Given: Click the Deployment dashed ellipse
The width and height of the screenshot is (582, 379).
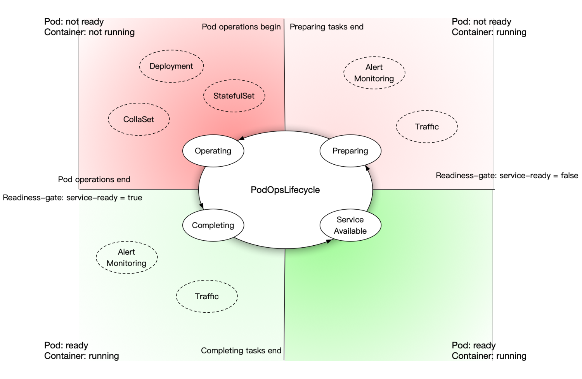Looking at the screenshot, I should pos(171,66).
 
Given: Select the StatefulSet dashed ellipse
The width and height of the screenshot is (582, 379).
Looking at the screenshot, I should pos(234,96).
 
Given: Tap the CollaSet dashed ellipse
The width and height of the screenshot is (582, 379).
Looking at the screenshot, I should pos(139,119).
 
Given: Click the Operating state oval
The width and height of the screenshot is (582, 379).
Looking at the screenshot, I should pos(213,151).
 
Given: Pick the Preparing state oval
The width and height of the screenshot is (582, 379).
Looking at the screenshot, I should pos(350,151).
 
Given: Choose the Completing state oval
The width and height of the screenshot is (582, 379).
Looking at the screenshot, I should pos(213,225).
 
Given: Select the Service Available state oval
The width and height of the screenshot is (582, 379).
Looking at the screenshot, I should pos(350,225).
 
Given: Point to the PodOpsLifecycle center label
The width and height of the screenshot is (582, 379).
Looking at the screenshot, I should pos(285,190).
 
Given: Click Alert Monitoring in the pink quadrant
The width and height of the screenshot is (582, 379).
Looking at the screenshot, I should pos(374,73).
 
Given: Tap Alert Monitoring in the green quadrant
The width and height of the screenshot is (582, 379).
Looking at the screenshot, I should pos(126,258).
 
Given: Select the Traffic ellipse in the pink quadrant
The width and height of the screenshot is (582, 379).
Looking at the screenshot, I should pos(427,127).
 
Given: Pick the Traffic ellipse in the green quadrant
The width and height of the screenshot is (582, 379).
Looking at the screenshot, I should pos(207,296).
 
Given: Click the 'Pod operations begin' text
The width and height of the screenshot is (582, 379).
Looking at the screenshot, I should pos(241,27).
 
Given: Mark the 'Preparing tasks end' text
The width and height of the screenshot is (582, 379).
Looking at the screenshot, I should pos(326,27).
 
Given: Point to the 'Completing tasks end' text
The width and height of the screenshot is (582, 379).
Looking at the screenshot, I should pos(241,350).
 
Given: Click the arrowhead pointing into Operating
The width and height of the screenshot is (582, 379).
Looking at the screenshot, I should pos(241,138).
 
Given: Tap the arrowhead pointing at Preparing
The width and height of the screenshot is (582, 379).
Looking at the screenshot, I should pos(367,168).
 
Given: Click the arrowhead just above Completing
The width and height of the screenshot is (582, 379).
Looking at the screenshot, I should pos(201,206).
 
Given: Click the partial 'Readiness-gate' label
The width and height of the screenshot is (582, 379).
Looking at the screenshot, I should pos(464,176).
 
